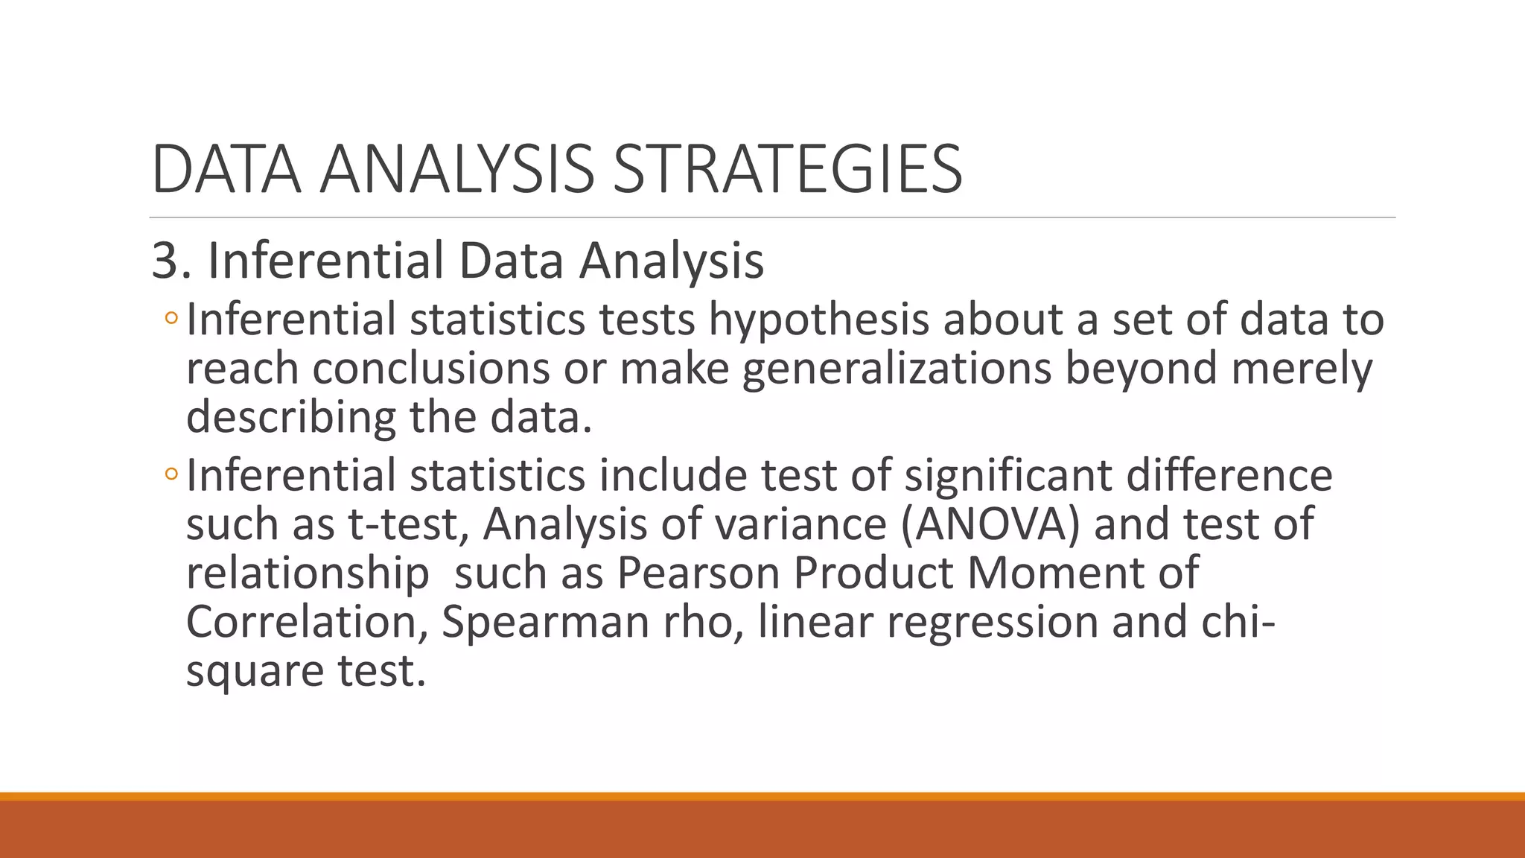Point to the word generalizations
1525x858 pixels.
click(x=897, y=368)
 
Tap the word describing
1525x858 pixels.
click(x=290, y=416)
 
